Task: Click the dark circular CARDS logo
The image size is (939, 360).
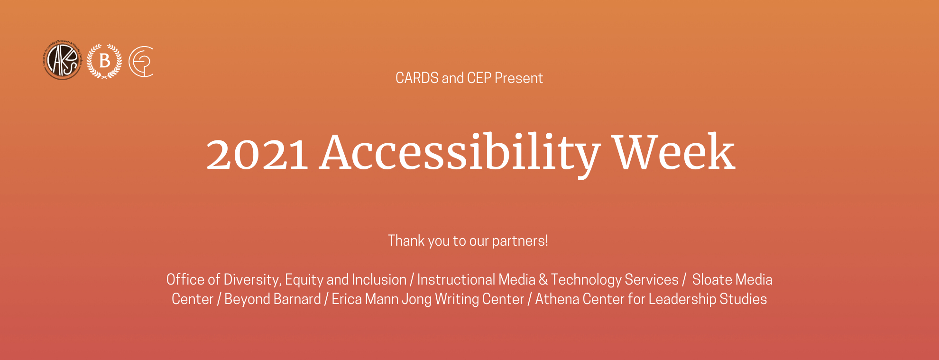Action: [62, 60]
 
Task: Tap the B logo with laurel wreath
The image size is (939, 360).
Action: [104, 61]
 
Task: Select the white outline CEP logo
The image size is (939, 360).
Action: [141, 62]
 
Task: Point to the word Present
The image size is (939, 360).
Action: [519, 78]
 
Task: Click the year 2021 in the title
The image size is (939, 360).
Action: [257, 154]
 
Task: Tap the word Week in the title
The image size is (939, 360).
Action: [674, 152]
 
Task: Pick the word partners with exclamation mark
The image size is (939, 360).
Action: [520, 241]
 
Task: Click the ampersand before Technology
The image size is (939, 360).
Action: [543, 280]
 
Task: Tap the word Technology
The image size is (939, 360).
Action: [586, 280]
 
